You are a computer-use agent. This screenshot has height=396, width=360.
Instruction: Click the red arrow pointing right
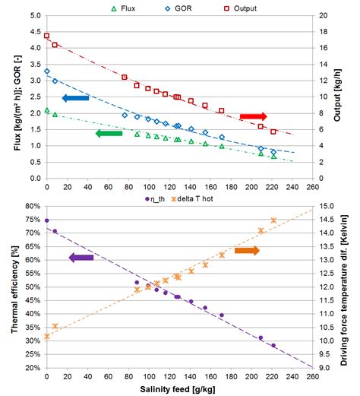point(254,116)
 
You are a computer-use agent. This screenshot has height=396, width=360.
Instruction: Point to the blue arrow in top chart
point(75,98)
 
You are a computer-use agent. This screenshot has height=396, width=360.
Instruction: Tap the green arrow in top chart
point(109,133)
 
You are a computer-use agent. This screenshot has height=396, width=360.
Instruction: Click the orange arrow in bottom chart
point(247,250)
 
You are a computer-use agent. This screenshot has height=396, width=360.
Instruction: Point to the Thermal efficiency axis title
point(8,287)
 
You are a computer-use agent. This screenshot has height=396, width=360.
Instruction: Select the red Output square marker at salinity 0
point(47,36)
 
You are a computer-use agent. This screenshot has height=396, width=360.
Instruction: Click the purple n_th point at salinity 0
point(47,220)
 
